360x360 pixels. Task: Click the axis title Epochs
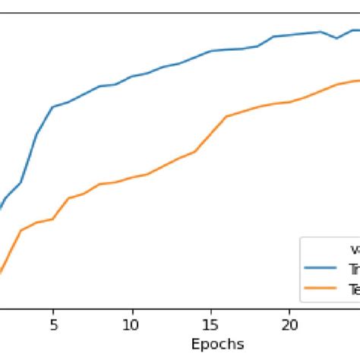[218, 343]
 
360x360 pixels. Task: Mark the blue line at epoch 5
[53, 106]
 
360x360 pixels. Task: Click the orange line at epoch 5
[53, 219]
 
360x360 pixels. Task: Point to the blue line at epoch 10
[132, 76]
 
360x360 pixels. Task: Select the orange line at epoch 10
[132, 178]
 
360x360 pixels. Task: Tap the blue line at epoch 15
[210, 51]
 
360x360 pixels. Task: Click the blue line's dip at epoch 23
[336, 38]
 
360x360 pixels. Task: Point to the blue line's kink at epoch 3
[21, 182]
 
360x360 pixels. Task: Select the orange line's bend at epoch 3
[21, 230]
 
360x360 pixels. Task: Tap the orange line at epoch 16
[226, 116]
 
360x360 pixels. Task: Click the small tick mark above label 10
[132, 311]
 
